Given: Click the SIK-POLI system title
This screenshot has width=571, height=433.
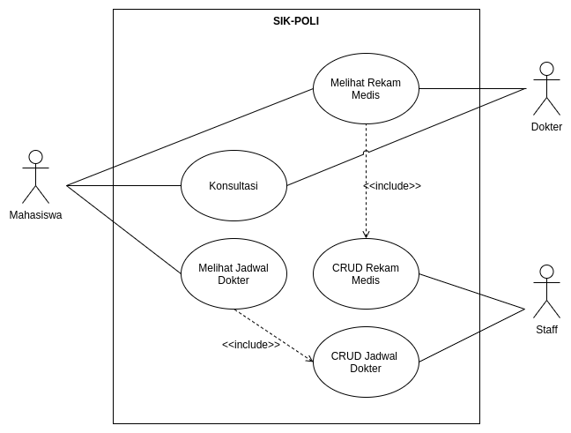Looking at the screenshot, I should click(x=295, y=21).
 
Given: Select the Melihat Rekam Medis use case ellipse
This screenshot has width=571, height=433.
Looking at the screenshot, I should click(x=366, y=89).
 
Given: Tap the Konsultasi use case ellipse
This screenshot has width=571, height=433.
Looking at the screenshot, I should click(x=234, y=186).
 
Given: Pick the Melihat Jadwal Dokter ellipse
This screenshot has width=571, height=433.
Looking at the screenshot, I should click(x=234, y=274).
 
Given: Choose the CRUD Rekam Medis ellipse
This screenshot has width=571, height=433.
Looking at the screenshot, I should click(x=366, y=274).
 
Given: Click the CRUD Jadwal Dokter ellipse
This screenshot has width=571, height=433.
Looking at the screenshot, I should click(x=366, y=362).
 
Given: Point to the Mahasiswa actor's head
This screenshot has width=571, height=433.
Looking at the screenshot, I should click(x=35, y=157).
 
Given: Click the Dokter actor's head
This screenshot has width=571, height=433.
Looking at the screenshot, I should click(x=546, y=69).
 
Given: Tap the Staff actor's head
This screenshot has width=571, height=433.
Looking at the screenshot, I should click(x=546, y=272).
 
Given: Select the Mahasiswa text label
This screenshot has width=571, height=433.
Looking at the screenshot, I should click(x=35, y=214).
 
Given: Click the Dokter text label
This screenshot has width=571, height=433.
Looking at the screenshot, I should click(x=546, y=127).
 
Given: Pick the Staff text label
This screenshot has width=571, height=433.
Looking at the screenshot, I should click(x=546, y=330).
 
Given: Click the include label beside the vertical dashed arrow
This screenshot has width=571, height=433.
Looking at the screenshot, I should click(x=392, y=186).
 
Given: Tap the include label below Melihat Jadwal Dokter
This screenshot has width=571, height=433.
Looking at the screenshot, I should click(x=251, y=344).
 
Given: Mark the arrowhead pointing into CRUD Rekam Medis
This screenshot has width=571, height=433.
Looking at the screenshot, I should click(x=366, y=235).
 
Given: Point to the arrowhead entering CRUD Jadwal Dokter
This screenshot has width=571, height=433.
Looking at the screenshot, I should click(x=309, y=359).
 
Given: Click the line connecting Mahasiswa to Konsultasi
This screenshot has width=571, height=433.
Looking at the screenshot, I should click(x=123, y=186).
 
